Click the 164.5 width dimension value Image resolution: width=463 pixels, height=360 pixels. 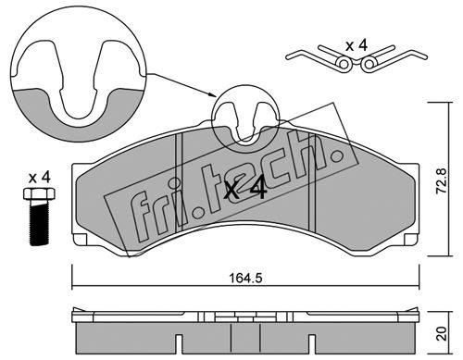click(x=245, y=279)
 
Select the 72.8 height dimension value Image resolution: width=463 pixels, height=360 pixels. click(x=441, y=180)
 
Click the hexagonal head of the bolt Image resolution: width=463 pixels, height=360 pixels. click(x=39, y=193)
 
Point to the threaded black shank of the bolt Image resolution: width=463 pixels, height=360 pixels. click(x=39, y=223)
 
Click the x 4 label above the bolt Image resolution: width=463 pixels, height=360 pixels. click(x=39, y=178)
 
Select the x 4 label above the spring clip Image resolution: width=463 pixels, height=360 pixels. click(x=357, y=46)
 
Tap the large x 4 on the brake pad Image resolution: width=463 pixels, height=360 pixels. click(x=245, y=190)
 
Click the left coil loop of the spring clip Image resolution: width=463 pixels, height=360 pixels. click(x=344, y=64)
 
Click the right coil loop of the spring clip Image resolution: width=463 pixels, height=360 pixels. click(x=369, y=64)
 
